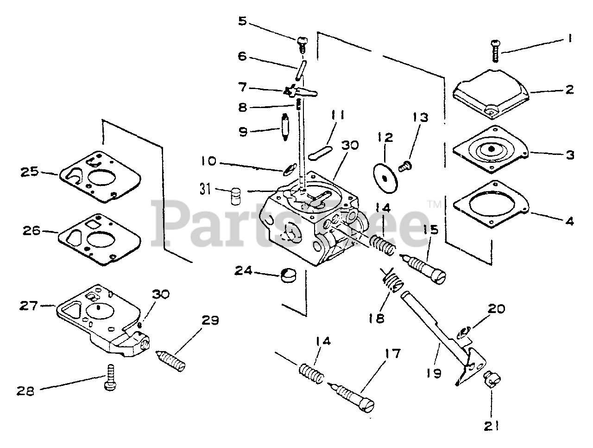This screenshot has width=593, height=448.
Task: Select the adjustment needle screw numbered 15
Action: click(427, 270)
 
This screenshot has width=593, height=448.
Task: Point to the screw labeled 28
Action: click(110, 384)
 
